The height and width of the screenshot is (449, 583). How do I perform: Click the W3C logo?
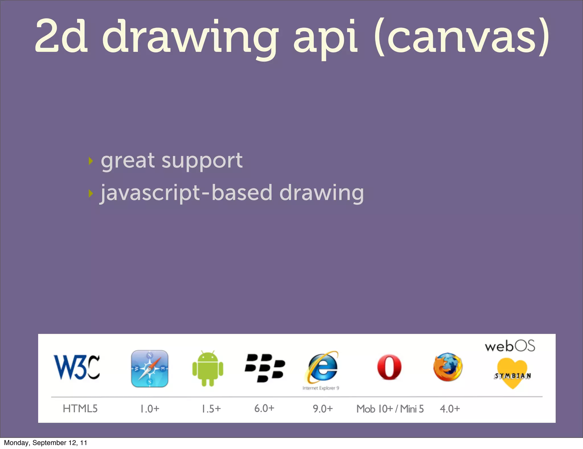77,367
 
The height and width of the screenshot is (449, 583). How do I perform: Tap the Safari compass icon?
150,369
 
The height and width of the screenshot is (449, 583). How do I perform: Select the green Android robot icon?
208,369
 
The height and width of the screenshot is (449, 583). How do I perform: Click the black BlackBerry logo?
265,368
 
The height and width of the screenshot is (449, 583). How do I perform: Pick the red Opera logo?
389,368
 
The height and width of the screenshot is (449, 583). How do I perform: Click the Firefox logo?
448,367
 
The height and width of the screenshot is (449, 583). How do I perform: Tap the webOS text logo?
510,346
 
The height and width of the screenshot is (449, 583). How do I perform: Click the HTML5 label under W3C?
80,409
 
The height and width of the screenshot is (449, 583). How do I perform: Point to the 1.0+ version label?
150,409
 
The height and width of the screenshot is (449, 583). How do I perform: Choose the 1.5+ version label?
211,409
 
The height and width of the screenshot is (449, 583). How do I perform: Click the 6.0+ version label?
264,408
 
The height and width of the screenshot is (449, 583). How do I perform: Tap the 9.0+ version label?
323,409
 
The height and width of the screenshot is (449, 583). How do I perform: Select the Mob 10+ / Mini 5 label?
390,409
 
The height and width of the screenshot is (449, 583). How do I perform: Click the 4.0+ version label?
450,409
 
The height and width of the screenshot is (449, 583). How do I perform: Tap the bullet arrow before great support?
91,161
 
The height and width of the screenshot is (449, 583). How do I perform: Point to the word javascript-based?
155,193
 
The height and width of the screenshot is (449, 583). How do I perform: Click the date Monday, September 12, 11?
46,443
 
